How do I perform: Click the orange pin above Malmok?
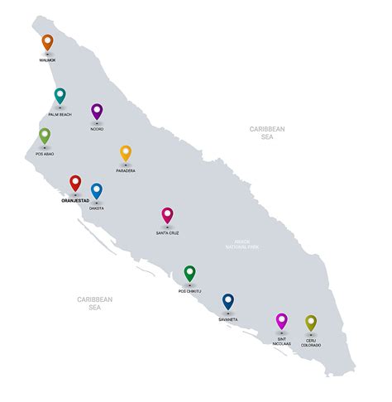(x=47, y=42)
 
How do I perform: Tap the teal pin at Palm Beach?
(x=60, y=96)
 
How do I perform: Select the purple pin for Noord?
(x=97, y=111)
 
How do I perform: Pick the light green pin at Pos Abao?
(x=45, y=136)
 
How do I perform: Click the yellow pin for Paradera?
(x=126, y=153)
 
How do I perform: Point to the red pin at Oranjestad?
(x=75, y=183)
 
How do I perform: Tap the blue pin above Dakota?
(x=97, y=191)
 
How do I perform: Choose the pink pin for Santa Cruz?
(x=167, y=215)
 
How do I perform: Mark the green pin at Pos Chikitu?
(x=189, y=273)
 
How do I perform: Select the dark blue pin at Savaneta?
(x=228, y=301)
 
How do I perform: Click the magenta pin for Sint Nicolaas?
(x=281, y=321)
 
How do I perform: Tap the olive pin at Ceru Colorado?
(x=311, y=323)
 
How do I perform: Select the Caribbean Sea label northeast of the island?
(x=267, y=133)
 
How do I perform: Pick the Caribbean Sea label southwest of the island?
(x=95, y=303)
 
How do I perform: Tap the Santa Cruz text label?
(x=167, y=233)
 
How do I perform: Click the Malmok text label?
(x=47, y=60)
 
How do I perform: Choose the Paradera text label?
(x=126, y=171)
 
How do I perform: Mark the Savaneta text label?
(x=228, y=318)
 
